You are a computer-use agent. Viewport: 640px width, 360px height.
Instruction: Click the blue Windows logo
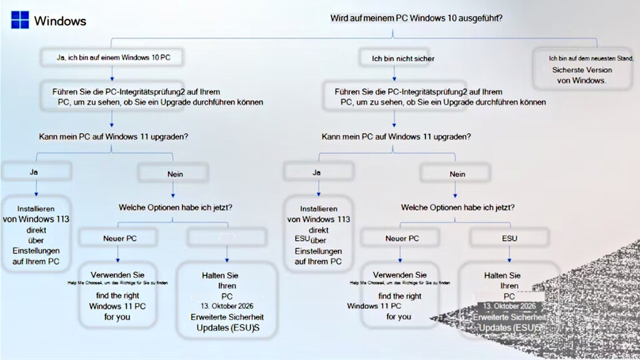pyautogui.click(x=19, y=21)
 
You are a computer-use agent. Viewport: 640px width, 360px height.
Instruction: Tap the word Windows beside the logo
pyautogui.click(x=60, y=21)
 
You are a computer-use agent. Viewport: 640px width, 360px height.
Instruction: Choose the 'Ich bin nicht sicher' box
pyautogui.click(x=403, y=59)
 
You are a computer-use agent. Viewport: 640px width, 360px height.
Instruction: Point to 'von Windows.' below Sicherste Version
pyautogui.click(x=581, y=80)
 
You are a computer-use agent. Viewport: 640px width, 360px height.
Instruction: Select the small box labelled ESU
pyautogui.click(x=509, y=237)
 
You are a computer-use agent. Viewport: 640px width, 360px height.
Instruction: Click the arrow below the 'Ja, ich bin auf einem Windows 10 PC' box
pyautogui.click(x=113, y=74)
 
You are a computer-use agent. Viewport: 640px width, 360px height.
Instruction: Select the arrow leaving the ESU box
pyautogui.click(x=509, y=256)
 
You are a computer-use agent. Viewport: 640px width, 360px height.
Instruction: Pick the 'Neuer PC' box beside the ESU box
pyautogui.click(x=402, y=237)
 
